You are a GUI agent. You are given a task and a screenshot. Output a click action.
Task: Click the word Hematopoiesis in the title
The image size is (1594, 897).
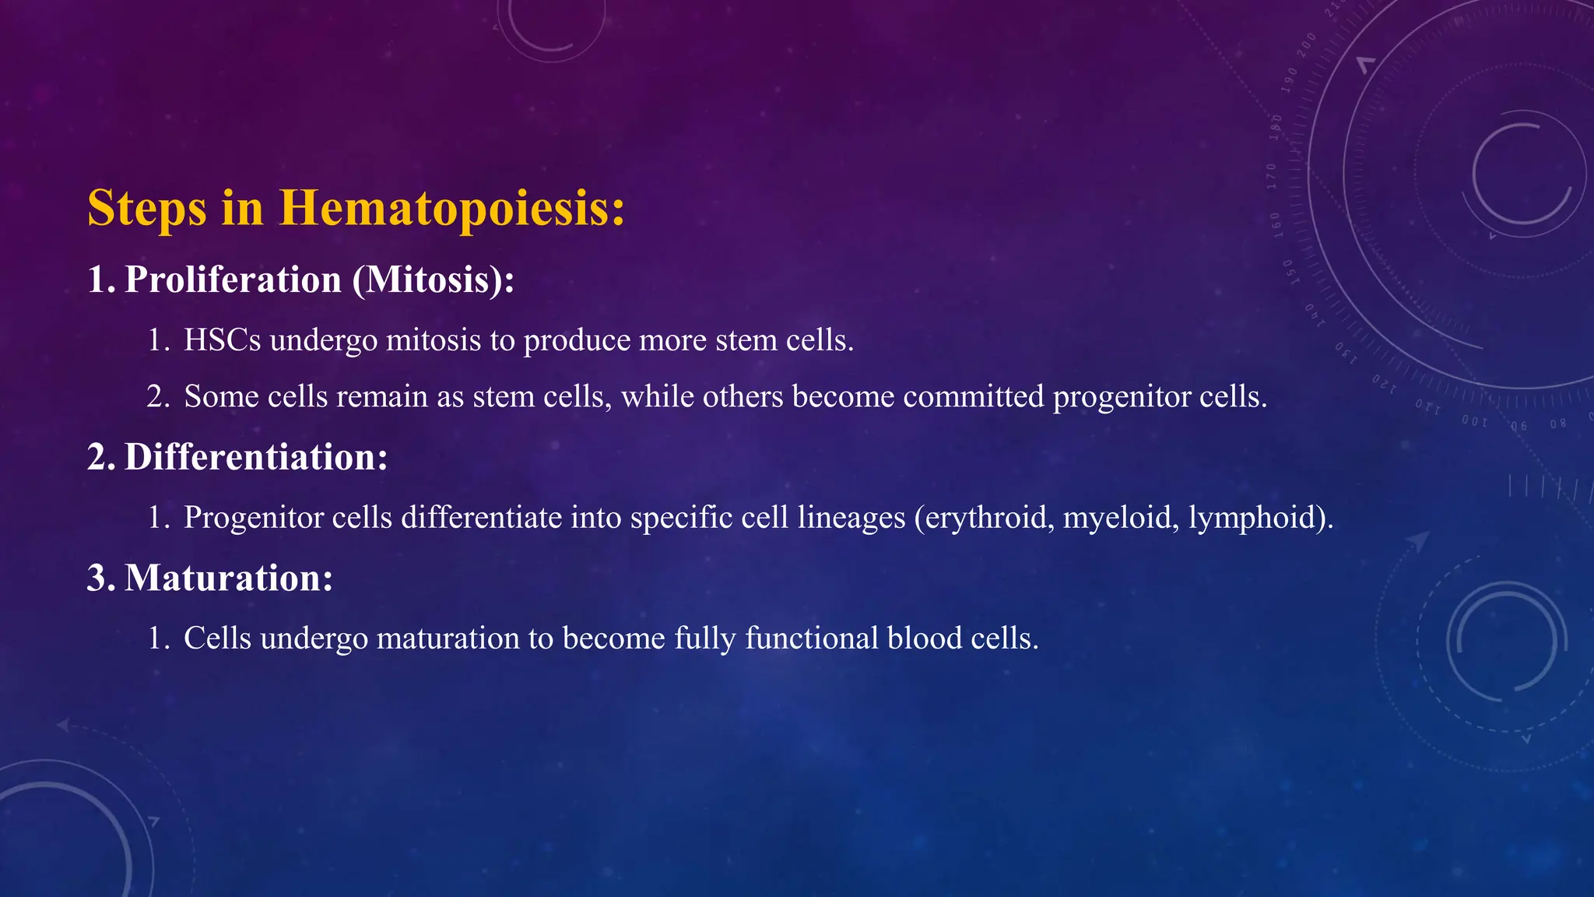point(452,209)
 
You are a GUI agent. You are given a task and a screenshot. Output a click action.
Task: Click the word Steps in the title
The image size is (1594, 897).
point(147,209)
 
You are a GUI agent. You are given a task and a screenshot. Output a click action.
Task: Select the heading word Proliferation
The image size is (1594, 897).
point(233,280)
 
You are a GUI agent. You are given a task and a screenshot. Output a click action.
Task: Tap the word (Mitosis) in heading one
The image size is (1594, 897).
point(432,280)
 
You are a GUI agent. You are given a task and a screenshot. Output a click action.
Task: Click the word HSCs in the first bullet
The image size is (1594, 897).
point(222,340)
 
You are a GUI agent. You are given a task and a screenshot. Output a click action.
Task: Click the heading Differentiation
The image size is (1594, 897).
point(255,457)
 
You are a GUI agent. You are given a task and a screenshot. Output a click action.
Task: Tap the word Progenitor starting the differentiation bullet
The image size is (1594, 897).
point(253,518)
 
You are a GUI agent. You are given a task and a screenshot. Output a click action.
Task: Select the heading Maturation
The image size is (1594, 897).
point(228,579)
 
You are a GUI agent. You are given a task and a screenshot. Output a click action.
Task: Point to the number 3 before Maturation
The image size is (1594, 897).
point(97,579)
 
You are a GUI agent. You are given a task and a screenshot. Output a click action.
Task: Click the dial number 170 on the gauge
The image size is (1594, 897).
point(1271,176)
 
